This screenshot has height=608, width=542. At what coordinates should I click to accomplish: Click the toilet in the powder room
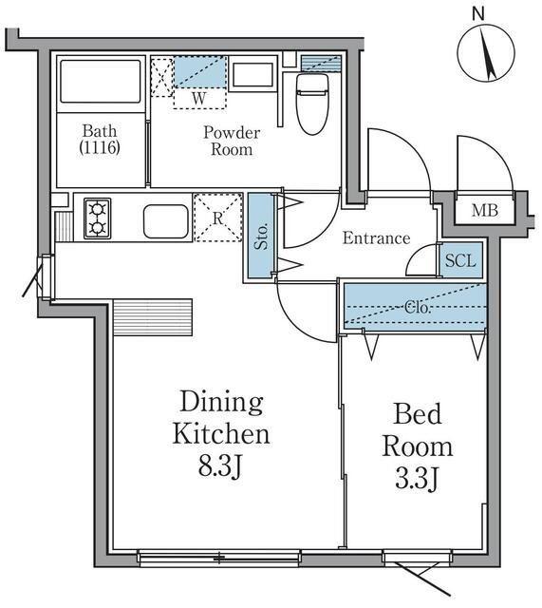coord(312,103)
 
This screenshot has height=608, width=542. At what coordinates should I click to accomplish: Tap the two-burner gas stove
coord(97,218)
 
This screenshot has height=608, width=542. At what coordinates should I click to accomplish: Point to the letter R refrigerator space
coord(217,218)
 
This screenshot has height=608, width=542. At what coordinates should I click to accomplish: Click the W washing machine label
coord(199,99)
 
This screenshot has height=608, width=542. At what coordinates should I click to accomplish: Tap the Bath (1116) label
coord(100,139)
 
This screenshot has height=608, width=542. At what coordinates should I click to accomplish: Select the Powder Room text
coord(232,142)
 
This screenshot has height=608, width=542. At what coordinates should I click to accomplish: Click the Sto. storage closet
coord(261,236)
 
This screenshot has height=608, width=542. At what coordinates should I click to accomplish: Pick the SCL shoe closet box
coord(461,259)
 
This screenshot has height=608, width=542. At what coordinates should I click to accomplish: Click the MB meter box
coord(485,211)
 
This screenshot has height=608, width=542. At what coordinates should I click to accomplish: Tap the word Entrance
coord(376,238)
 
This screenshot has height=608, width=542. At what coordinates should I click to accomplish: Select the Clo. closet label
coord(418,308)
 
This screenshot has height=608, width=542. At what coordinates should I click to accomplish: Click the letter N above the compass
coord(478,14)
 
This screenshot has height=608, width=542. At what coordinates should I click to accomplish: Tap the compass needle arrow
coord(488,53)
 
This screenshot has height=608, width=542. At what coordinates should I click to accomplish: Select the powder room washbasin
coord(253,75)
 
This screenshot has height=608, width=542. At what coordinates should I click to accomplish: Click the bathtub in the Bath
coord(101,82)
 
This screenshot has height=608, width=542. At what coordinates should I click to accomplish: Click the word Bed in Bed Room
coord(418,414)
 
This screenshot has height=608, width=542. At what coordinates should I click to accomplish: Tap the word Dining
coord(221,404)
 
